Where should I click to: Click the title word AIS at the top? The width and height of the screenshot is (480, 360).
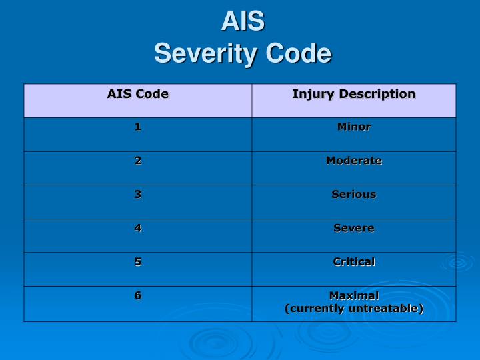[x=243, y=22]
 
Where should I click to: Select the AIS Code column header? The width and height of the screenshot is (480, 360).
[x=138, y=94]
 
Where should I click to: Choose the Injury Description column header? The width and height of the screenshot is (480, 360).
[x=353, y=94]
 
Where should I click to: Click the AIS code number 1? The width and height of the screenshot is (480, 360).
[x=138, y=127]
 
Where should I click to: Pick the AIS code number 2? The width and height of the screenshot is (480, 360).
[x=138, y=160]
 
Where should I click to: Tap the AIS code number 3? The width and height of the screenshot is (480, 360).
[x=138, y=194]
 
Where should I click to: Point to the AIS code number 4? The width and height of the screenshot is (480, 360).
[x=138, y=228]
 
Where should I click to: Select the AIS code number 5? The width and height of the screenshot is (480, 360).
[x=138, y=262]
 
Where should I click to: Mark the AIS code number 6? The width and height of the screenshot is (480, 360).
[x=138, y=295]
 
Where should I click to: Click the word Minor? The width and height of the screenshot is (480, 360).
[x=354, y=127]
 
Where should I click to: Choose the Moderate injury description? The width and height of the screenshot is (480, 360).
[x=354, y=160]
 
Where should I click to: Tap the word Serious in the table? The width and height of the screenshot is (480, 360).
[x=354, y=194]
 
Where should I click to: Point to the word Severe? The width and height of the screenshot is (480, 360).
[x=354, y=228]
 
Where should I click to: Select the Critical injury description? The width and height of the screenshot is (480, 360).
[x=354, y=262]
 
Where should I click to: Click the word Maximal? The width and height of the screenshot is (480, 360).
[x=354, y=295]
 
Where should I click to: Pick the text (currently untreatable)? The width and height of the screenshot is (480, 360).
[x=354, y=309]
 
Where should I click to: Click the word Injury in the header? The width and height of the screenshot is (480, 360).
[x=313, y=94]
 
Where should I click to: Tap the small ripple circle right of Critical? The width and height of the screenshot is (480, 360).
[x=458, y=262]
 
